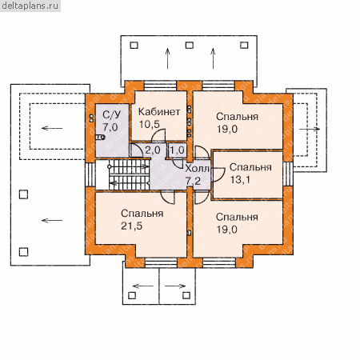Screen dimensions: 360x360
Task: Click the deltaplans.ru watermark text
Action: pyautogui.click(x=30, y=6)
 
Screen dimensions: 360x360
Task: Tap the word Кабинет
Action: pyautogui.click(x=159, y=112)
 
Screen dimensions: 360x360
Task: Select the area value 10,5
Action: pyautogui.click(x=150, y=124)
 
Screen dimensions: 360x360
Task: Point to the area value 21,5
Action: pyautogui.click(x=131, y=226)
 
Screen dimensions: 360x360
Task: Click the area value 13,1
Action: pyautogui.click(x=240, y=180)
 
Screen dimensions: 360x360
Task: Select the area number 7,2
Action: pyautogui.click(x=193, y=181)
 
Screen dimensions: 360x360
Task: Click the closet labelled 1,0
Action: pyautogui.click(x=178, y=150)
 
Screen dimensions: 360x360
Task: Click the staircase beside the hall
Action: pyautogui.click(x=129, y=175)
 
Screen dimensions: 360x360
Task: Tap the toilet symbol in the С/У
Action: pyautogui.click(x=100, y=138)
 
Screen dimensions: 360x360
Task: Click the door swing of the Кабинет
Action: pyautogui.click(x=158, y=134)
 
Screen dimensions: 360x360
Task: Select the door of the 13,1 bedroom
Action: pyautogui.click(x=219, y=175)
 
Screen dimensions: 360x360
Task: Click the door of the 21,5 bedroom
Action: pyautogui.click(x=168, y=198)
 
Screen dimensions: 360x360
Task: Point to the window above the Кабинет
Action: pyautogui.click(x=160, y=86)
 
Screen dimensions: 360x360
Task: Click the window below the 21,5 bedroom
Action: pyautogui.click(x=162, y=262)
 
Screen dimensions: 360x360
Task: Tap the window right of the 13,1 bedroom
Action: pyautogui.click(x=288, y=174)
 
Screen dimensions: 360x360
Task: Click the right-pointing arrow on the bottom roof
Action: pyautogui.click(x=175, y=286)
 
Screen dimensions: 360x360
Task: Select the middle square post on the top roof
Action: pyautogui.click(x=190, y=45)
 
